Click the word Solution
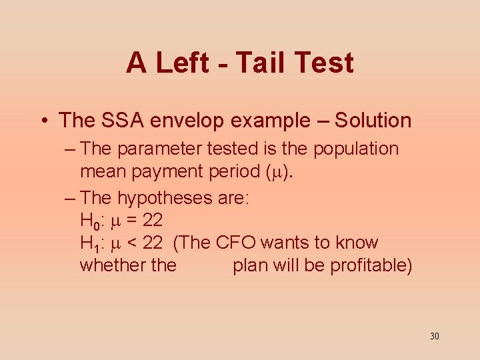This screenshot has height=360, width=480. pyautogui.click(x=373, y=121)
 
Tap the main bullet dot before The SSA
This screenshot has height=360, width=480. pyautogui.click(x=43, y=121)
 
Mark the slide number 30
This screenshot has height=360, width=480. pyautogui.click(x=435, y=336)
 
